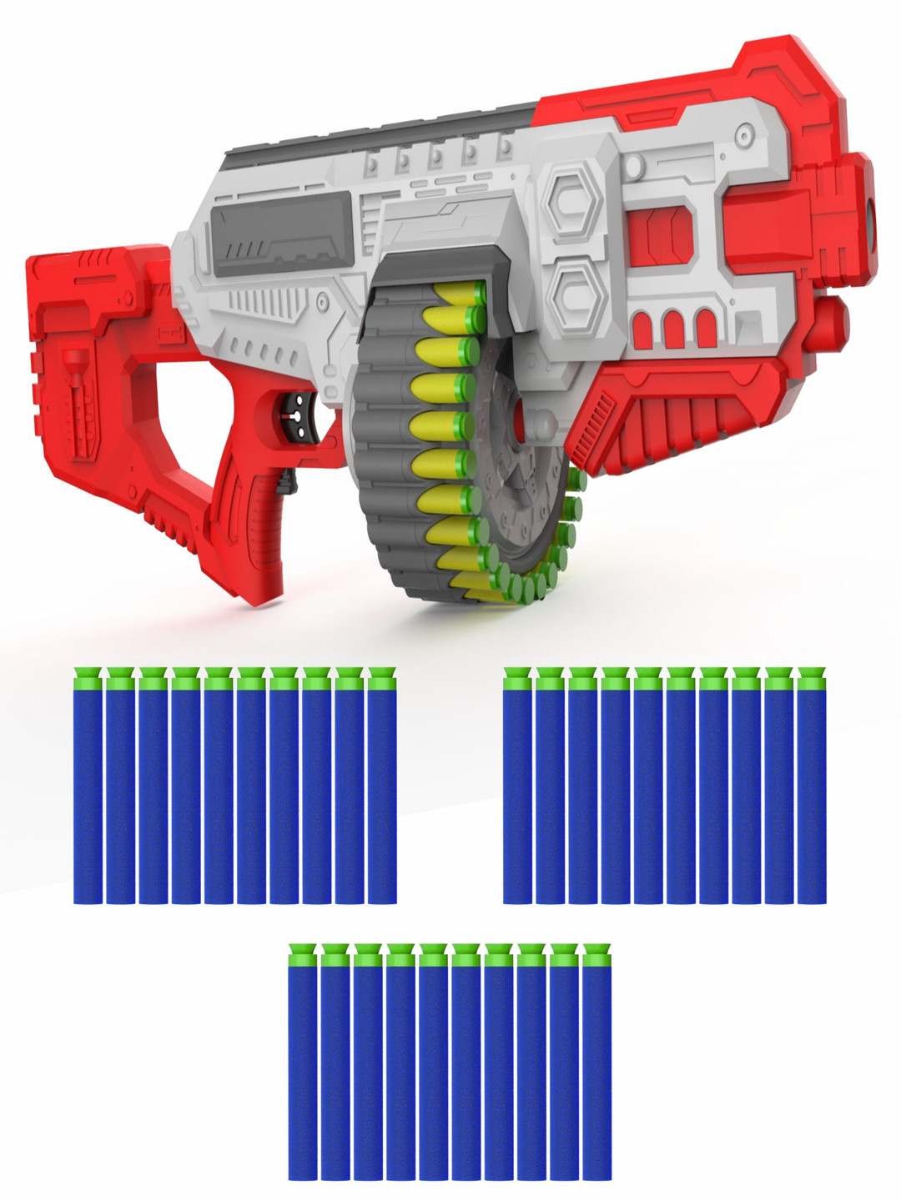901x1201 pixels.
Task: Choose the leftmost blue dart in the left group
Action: pyautogui.click(x=88, y=788)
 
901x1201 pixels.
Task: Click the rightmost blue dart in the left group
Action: pyautogui.click(x=382, y=788)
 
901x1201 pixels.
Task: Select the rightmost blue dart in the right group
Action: pyautogui.click(x=812, y=788)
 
